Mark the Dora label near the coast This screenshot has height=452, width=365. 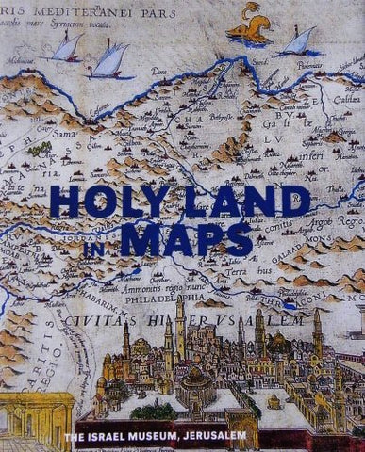pyautogui.click(x=185, y=71)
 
